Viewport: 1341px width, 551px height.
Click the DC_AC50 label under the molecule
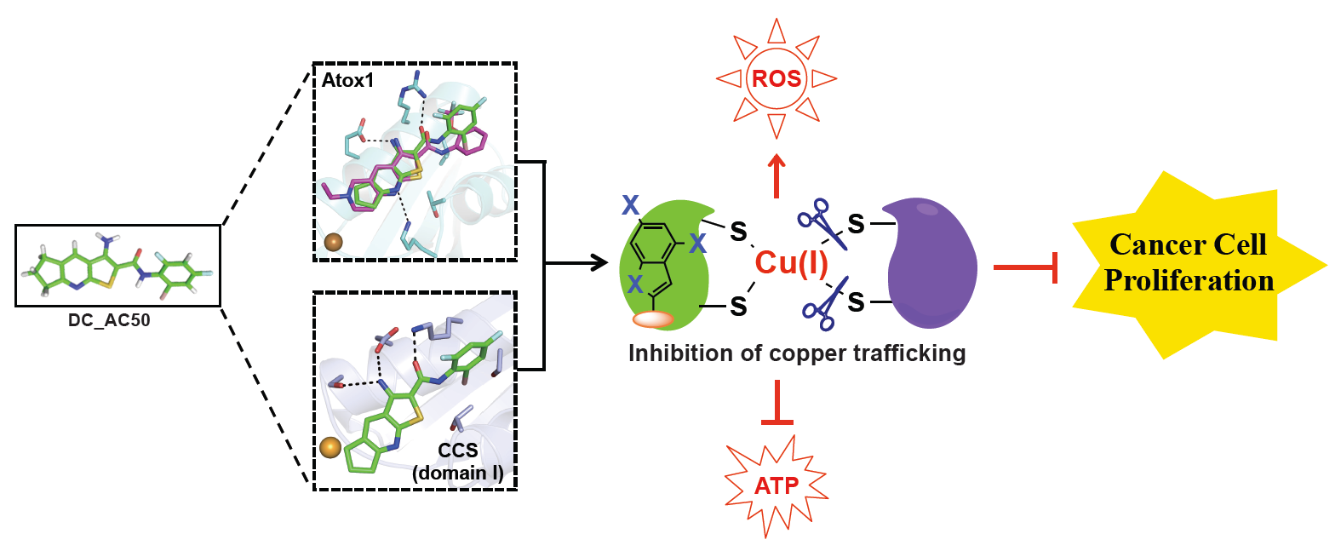tap(109, 321)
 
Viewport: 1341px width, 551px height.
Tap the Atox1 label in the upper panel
tap(347, 81)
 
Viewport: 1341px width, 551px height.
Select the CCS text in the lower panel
tap(458, 451)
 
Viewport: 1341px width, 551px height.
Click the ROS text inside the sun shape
tap(777, 79)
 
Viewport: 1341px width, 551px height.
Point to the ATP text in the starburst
tap(777, 485)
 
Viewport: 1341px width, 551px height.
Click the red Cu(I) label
tap(791, 263)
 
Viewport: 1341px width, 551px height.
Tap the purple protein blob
tap(931, 264)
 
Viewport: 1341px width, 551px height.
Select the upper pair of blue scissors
tap(822, 224)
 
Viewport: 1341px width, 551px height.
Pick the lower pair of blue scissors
tap(824, 303)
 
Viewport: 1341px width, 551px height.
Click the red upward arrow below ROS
tap(777, 175)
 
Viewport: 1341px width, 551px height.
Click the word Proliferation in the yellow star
tap(1189, 281)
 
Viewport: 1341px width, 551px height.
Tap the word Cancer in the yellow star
tap(1146, 245)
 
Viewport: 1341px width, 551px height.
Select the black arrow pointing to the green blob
tap(579, 263)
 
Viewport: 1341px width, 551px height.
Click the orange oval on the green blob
tap(653, 319)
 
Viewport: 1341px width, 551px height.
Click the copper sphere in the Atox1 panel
tap(333, 242)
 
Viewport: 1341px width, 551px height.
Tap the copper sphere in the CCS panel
tap(330, 447)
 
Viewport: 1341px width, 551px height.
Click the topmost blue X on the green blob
tap(630, 205)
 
